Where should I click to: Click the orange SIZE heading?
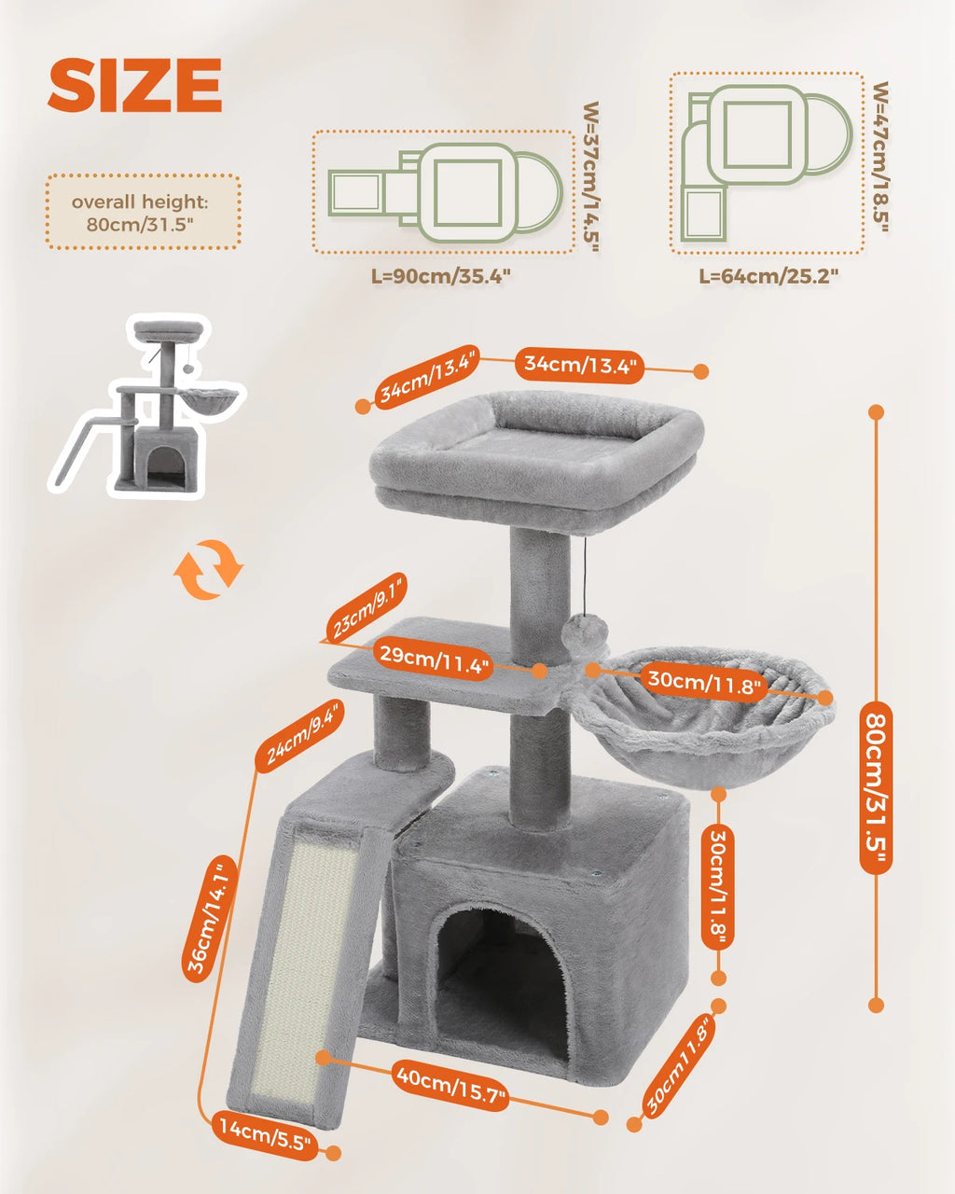[x=135, y=85]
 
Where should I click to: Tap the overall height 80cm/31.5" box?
[x=143, y=213]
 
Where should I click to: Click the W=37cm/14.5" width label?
[x=589, y=177]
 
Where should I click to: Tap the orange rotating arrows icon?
[x=210, y=568]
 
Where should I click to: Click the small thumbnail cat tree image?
[x=149, y=406]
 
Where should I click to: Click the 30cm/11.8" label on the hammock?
[x=705, y=683]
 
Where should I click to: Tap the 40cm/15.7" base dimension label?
[x=450, y=1084]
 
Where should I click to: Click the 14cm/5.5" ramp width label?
[x=266, y=1134]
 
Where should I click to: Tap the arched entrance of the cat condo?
[x=499, y=970]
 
